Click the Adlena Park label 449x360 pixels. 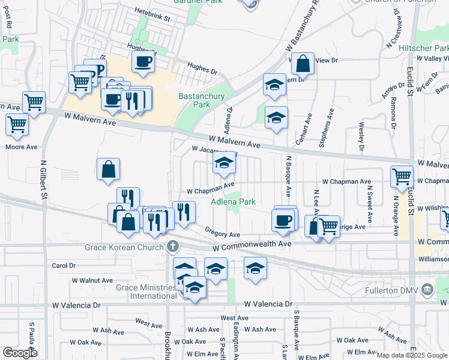point(233,202)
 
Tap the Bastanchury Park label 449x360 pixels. point(194,100)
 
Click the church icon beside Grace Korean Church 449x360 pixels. point(173,245)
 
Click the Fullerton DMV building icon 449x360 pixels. point(427,290)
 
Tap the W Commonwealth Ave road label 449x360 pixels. point(252,245)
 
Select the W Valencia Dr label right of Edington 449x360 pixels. point(268,305)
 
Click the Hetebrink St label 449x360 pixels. point(153,19)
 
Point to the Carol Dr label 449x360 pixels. point(64,265)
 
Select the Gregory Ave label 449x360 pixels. point(222,234)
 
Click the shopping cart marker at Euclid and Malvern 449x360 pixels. point(402,176)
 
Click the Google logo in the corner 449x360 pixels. point(20,352)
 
